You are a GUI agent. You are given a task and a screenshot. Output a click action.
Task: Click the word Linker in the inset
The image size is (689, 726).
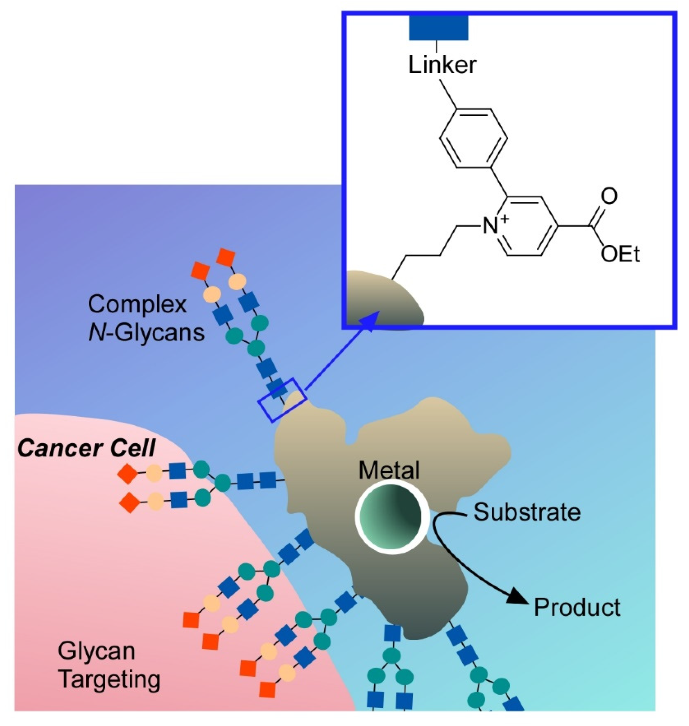(x=442, y=65)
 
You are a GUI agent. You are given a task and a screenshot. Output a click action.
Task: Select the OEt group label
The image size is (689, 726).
(x=621, y=254)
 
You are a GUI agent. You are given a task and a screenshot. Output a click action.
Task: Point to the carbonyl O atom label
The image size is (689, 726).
(x=609, y=196)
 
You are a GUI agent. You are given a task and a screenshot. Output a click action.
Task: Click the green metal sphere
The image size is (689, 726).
(x=392, y=515)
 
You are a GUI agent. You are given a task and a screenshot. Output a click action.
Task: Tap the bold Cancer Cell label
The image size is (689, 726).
(x=86, y=449)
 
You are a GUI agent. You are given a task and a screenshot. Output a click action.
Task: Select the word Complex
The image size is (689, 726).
(x=137, y=304)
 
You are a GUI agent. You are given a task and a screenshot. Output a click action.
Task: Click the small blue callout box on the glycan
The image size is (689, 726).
(x=282, y=400)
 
